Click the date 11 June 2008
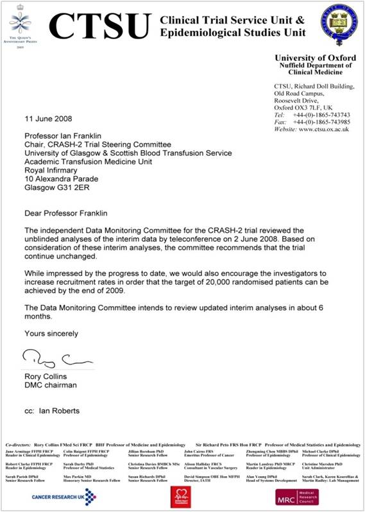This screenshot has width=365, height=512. (48, 119)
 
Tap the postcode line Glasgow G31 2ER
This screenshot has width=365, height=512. (60, 189)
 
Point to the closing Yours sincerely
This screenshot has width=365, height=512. (51, 334)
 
